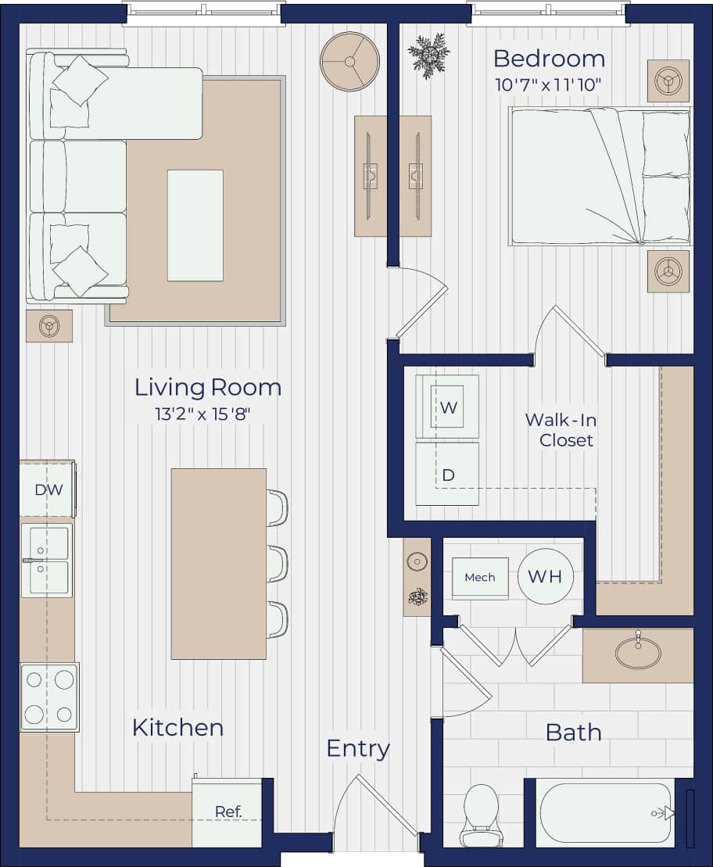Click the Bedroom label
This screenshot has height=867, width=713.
549,59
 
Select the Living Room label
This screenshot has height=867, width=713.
207,387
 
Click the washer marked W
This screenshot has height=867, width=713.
447,407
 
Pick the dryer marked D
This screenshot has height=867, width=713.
447,475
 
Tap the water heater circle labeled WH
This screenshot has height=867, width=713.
545,577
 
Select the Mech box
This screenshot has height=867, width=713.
480,578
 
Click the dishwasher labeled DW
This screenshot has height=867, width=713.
47,489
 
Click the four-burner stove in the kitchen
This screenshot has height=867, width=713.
49,697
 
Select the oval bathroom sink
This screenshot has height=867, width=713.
637,653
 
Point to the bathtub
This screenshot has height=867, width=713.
605,813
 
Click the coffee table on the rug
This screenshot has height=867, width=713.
195,225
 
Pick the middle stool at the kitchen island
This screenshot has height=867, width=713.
277,564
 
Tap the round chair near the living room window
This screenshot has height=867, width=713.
349,62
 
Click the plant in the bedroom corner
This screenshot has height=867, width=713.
428,55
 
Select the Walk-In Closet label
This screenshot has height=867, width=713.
561,429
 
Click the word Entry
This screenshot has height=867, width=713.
357,748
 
